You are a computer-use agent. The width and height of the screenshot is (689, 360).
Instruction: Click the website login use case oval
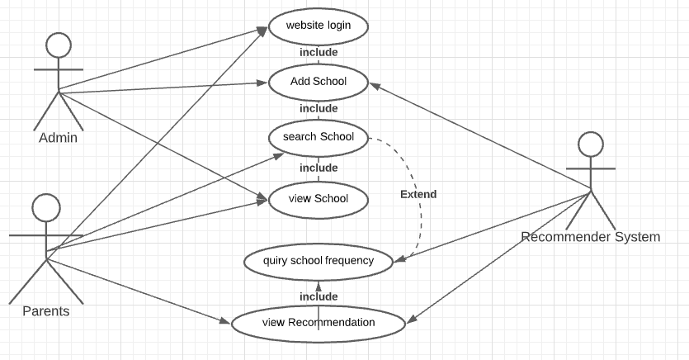coord(318,25)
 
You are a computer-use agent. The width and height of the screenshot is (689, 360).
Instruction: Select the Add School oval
coord(318,82)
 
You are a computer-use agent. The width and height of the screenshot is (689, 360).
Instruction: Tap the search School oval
coord(318,137)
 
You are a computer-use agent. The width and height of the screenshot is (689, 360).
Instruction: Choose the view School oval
coord(318,198)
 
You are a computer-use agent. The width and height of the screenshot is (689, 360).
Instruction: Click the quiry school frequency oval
coord(318,261)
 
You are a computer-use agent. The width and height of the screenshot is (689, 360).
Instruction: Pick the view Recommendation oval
coord(318,323)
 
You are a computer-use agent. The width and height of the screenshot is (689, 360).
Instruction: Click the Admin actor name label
coord(58,138)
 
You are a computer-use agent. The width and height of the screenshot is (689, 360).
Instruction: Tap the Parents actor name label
coord(45,311)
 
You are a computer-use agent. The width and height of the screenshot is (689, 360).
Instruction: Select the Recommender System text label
coord(590,237)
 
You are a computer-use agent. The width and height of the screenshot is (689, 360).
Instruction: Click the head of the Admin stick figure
coord(58,45)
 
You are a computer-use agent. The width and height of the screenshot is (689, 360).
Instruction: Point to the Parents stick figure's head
coord(46,207)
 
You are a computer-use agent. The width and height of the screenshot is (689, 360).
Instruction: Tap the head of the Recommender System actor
coord(591,144)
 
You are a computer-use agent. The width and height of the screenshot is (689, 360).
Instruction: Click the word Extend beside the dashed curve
coord(418,195)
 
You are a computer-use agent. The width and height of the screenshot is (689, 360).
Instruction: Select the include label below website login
coord(318,53)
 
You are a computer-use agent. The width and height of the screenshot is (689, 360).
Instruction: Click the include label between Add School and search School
coord(318,109)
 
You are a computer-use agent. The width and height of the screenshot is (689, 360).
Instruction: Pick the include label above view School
coord(318,168)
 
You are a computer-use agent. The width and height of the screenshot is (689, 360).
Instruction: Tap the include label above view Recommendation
coord(318,296)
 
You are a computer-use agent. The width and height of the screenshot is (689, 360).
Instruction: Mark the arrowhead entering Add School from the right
coord(373,84)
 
